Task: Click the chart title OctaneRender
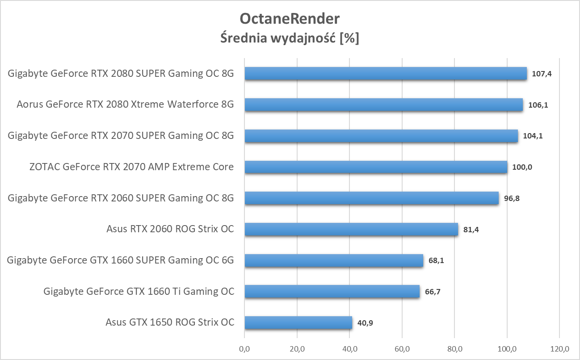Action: (x=290, y=19)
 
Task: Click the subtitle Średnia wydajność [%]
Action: (x=290, y=38)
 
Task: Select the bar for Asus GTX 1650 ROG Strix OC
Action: (x=298, y=322)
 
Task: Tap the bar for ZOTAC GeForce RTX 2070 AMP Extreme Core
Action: (x=376, y=167)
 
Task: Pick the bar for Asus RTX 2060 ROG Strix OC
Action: (x=351, y=230)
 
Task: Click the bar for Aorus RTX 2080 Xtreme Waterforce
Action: (x=383, y=105)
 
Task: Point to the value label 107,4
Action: (x=542, y=74)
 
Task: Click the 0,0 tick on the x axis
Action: (x=244, y=348)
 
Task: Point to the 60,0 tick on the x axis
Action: (x=402, y=348)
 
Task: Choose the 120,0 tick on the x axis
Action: (x=559, y=348)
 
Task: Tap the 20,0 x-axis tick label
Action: (x=297, y=348)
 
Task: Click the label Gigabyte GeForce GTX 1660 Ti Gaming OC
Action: (x=139, y=292)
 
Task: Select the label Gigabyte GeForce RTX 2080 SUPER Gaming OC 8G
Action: (x=121, y=74)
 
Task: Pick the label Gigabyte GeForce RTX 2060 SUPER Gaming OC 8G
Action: (x=121, y=198)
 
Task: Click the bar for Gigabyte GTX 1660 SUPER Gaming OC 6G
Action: (x=334, y=260)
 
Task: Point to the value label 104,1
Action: (x=533, y=136)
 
